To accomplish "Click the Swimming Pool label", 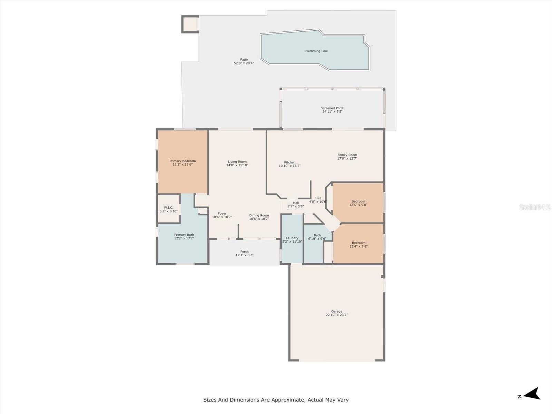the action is (316, 51).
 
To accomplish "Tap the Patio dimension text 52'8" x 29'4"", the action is (244, 63).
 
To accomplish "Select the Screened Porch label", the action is (332, 108).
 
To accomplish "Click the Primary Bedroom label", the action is (183, 161).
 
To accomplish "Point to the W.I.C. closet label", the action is (168, 208).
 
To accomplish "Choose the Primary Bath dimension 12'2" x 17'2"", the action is (184, 238).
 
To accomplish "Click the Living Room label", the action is (237, 161).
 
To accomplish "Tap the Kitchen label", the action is (290, 162).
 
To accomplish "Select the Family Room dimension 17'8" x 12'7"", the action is (347, 158).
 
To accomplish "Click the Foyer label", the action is (222, 214).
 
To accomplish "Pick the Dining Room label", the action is (259, 215).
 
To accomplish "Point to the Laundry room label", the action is (292, 238).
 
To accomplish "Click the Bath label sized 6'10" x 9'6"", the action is (317, 235).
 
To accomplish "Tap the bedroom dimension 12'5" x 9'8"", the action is (358, 205).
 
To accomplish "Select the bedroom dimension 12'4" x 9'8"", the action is (358, 246).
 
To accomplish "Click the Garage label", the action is (336, 311).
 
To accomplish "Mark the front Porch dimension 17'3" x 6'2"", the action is (244, 255).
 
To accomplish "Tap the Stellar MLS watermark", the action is (535, 207).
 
